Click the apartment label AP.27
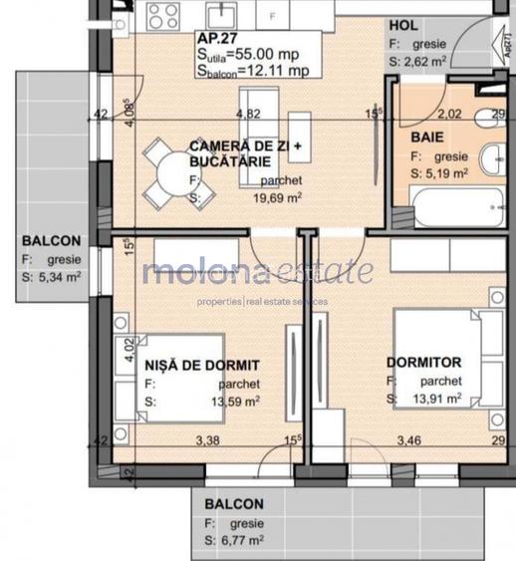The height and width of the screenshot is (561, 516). pos(217,41)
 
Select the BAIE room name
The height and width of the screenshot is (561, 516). pos(426,137)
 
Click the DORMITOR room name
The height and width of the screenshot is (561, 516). pos(424,363)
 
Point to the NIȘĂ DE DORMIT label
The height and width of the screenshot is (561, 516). pos(202,365)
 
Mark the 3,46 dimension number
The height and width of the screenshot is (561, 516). pos(408,439)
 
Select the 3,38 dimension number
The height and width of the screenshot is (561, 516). pos(207,439)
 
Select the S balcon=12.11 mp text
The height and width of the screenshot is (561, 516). pos(254,72)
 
